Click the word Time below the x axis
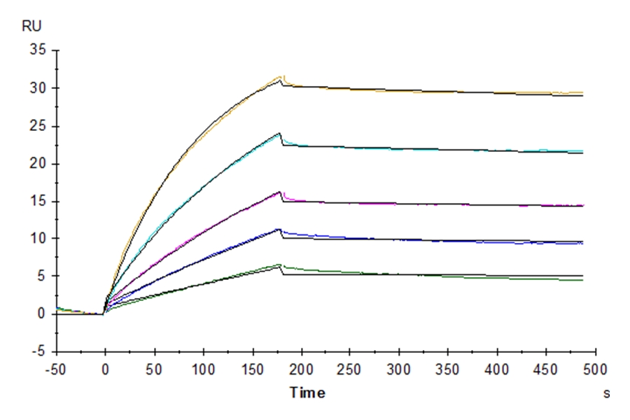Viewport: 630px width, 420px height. (308, 393)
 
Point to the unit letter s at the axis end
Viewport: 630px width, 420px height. (605, 393)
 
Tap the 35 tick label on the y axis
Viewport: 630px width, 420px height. (36, 51)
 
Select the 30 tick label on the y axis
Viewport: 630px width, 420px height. (36, 89)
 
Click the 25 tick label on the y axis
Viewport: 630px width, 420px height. (36, 127)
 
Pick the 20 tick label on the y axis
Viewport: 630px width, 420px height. (36, 164)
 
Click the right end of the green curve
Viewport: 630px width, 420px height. (582, 280)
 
